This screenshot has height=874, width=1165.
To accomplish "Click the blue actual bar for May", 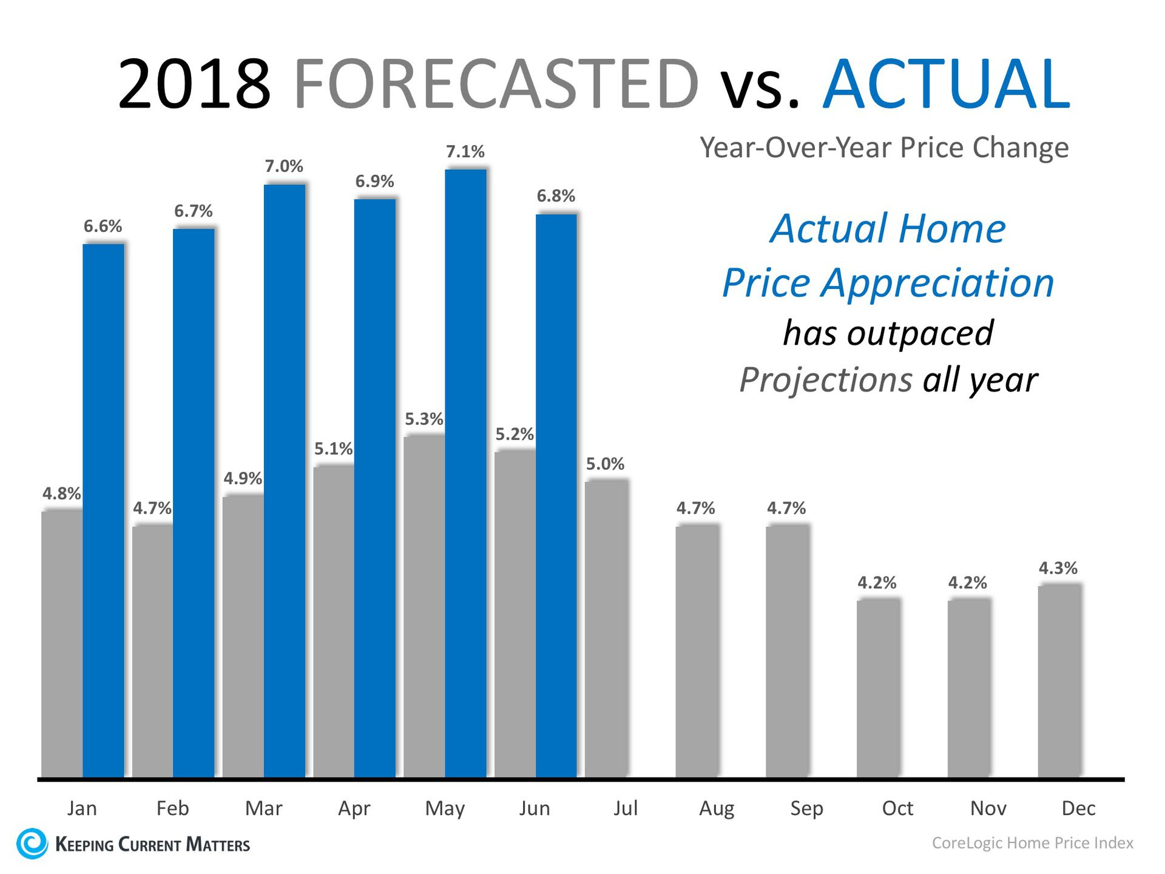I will (x=465, y=473).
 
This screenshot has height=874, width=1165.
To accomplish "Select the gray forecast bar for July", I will (x=606, y=628).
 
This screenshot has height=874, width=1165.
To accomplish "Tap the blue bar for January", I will (x=103, y=510).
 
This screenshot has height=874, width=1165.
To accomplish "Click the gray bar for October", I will (x=878, y=688).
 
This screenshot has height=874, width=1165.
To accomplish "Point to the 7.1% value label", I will (x=465, y=152).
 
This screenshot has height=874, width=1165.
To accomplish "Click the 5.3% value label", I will (x=424, y=419).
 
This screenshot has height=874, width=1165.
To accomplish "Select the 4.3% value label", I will (x=1058, y=568).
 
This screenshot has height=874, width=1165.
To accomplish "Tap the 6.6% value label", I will (x=103, y=226).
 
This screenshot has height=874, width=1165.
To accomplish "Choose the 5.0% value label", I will (x=605, y=464).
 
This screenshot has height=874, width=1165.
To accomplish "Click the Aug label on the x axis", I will (x=717, y=808).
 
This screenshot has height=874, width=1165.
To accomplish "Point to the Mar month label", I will (x=263, y=808).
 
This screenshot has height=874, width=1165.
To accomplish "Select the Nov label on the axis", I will (x=988, y=808).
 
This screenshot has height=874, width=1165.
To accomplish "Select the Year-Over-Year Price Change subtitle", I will (x=884, y=147).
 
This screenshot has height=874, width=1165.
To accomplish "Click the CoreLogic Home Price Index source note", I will (x=1032, y=843).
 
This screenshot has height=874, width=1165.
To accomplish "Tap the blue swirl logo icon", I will (x=32, y=843).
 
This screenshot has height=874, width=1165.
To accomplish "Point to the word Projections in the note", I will (x=825, y=380).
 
